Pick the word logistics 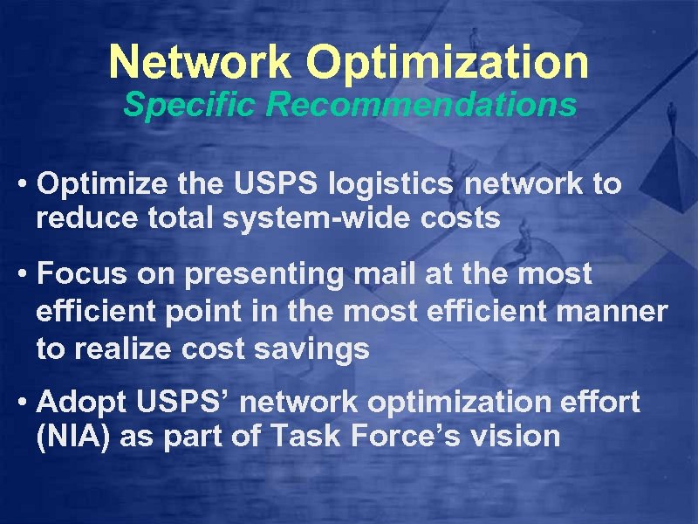(x=395, y=185)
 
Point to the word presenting (x=236, y=274)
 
